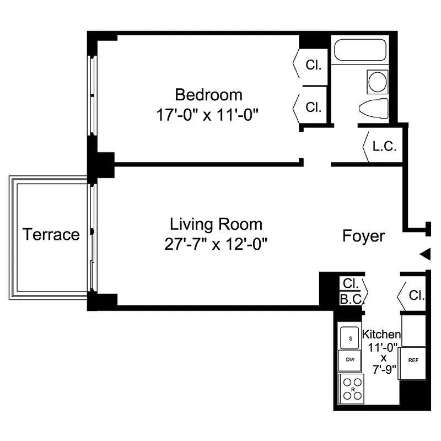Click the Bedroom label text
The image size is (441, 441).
(208, 94)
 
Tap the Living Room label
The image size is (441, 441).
(216, 224)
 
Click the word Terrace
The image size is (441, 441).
(51, 234)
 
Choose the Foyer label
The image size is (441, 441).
(364, 236)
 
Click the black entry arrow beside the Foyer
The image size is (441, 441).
(424, 254)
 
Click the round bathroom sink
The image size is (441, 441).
(378, 82)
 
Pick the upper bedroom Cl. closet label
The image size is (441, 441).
(314, 64)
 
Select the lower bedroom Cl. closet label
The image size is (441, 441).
(314, 107)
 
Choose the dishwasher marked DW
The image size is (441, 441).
(349, 360)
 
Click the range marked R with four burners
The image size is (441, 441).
(352, 388)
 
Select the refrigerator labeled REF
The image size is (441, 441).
(413, 360)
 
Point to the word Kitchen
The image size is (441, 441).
(381, 334)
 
